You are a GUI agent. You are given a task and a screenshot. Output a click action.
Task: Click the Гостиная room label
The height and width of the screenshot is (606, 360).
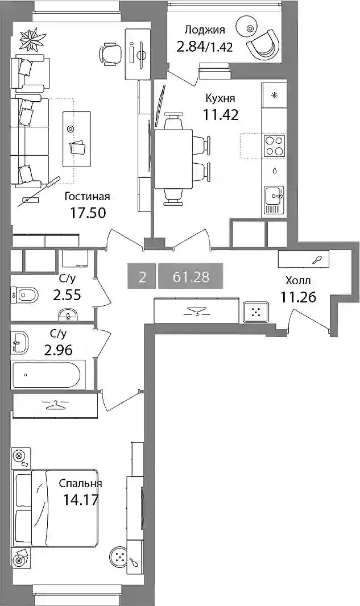pyautogui.click(x=87, y=197)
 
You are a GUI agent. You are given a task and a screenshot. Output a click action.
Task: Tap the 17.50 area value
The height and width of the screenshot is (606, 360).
pyautogui.click(x=88, y=213)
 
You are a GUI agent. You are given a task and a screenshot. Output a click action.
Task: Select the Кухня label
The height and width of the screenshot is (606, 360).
pyautogui.click(x=220, y=98)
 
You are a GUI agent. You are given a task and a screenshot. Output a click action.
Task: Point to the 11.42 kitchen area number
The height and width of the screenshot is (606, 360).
pyautogui.click(x=221, y=115)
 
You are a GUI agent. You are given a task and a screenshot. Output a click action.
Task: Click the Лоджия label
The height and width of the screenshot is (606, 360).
pyautogui.click(x=205, y=30)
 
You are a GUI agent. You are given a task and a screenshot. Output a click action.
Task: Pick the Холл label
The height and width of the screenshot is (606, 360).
pyautogui.click(x=298, y=281)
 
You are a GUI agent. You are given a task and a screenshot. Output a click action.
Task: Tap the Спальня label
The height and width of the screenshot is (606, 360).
pyautogui.click(x=80, y=483)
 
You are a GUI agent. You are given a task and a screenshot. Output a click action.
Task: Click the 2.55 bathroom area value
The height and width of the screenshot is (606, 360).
pyautogui.click(x=67, y=295)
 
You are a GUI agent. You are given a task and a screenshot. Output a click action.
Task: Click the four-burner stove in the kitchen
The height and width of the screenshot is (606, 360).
pyautogui.click(x=275, y=146)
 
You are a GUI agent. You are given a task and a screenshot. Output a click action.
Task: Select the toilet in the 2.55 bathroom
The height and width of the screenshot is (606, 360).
pyautogui.click(x=23, y=296)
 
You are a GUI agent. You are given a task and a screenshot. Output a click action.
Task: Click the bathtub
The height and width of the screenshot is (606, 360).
pyautogui.click(x=46, y=375)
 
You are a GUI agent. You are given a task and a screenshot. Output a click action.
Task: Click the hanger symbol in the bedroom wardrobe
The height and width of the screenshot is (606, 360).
pyautogui.click(x=55, y=405)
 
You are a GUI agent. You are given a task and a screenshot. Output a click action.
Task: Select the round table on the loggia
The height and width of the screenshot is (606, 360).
pyautogui.click(x=250, y=28)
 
